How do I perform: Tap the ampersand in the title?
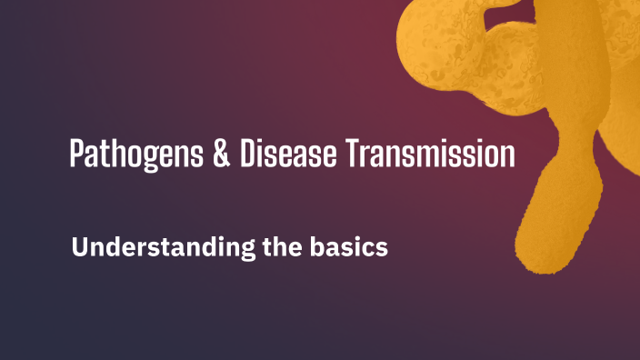(221, 153)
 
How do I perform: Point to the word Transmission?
(431, 153)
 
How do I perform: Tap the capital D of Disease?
(249, 153)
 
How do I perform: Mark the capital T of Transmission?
(355, 153)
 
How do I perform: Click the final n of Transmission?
(507, 155)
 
